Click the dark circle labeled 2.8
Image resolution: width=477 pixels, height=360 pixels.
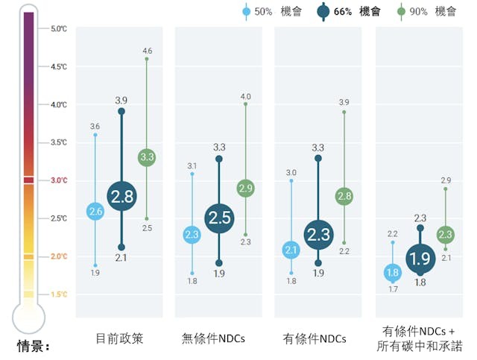pyautogui.click(x=121, y=197)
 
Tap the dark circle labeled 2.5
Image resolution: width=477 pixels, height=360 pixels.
pyautogui.click(x=219, y=218)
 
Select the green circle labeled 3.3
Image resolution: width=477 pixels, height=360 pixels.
pyautogui.click(x=147, y=157)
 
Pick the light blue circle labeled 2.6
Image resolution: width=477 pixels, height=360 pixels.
pyautogui.click(x=95, y=212)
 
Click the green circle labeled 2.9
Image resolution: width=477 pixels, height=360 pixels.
pyautogui.click(x=246, y=188)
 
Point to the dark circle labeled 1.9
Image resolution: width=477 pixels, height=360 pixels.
pyautogui.click(x=420, y=259)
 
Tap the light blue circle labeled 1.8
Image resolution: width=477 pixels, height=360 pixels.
pyautogui.click(x=393, y=273)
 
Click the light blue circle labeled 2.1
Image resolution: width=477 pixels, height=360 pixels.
pyautogui.click(x=291, y=250)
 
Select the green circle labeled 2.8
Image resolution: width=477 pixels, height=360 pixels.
pyautogui.click(x=344, y=197)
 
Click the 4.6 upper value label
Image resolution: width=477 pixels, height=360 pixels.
pyautogui.click(x=147, y=51)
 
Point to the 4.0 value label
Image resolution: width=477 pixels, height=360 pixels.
pyautogui.click(x=246, y=96)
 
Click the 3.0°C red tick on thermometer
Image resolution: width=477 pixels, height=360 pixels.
pyautogui.click(x=28, y=180)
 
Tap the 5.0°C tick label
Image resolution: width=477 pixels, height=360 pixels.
pyautogui.click(x=58, y=29)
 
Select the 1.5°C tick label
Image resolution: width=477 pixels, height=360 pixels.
pyautogui.click(x=58, y=294)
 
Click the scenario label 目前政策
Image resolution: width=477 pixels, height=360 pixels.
pyautogui.click(x=119, y=338)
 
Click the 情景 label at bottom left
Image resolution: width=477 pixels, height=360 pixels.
pyautogui.click(x=33, y=347)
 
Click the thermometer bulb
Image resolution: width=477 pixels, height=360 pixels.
pyautogui.click(x=28, y=317)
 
